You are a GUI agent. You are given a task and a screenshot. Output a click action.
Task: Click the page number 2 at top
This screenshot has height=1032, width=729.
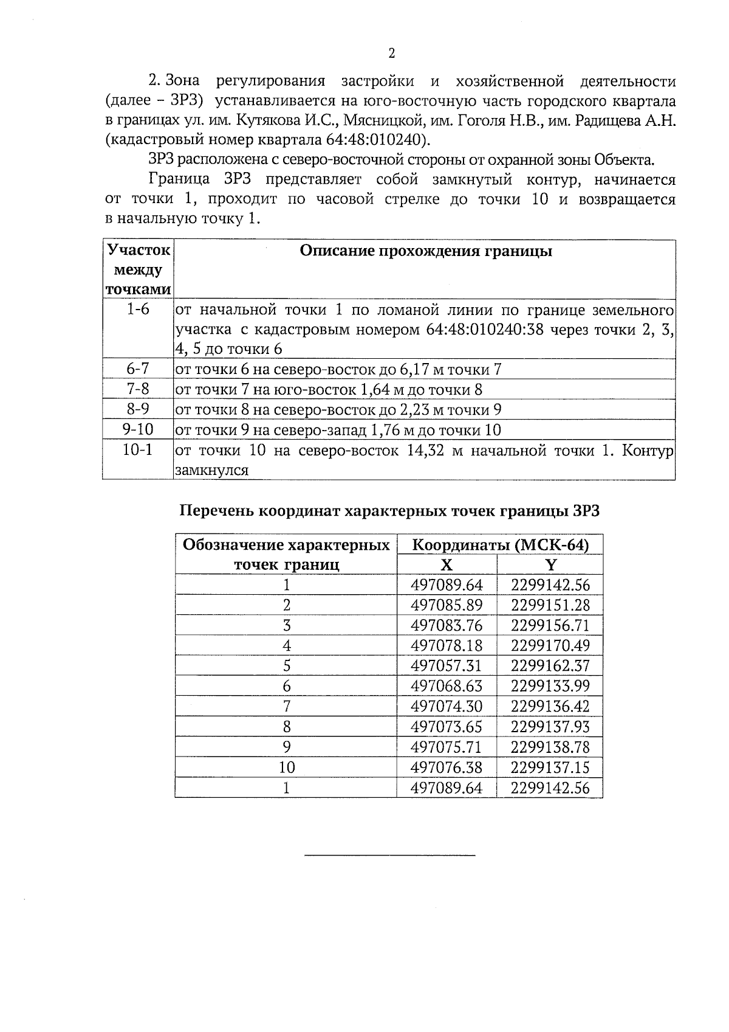391,54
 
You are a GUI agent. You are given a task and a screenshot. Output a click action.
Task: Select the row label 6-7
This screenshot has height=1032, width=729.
138,369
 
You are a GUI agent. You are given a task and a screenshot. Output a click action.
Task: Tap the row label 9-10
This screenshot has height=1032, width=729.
138,430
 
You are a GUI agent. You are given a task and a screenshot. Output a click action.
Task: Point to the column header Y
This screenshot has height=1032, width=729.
550,565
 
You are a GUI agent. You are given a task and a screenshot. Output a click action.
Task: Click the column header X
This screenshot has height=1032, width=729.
446,565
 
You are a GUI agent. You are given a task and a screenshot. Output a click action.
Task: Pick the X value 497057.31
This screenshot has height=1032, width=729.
446,666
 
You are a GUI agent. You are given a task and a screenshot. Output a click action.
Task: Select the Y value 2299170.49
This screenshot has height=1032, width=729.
550,646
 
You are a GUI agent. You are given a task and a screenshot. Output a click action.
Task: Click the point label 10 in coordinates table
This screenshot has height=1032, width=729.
286,767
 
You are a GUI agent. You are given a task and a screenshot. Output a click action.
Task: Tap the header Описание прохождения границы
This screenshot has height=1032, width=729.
425,252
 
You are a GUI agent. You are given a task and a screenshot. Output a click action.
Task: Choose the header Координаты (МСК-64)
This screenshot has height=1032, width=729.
500,545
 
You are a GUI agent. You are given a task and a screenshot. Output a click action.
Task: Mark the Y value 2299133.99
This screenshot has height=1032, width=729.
550,687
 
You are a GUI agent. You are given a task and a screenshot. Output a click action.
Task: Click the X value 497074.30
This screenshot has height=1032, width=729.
446,707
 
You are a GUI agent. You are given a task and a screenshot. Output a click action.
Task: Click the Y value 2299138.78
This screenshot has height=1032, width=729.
550,747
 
